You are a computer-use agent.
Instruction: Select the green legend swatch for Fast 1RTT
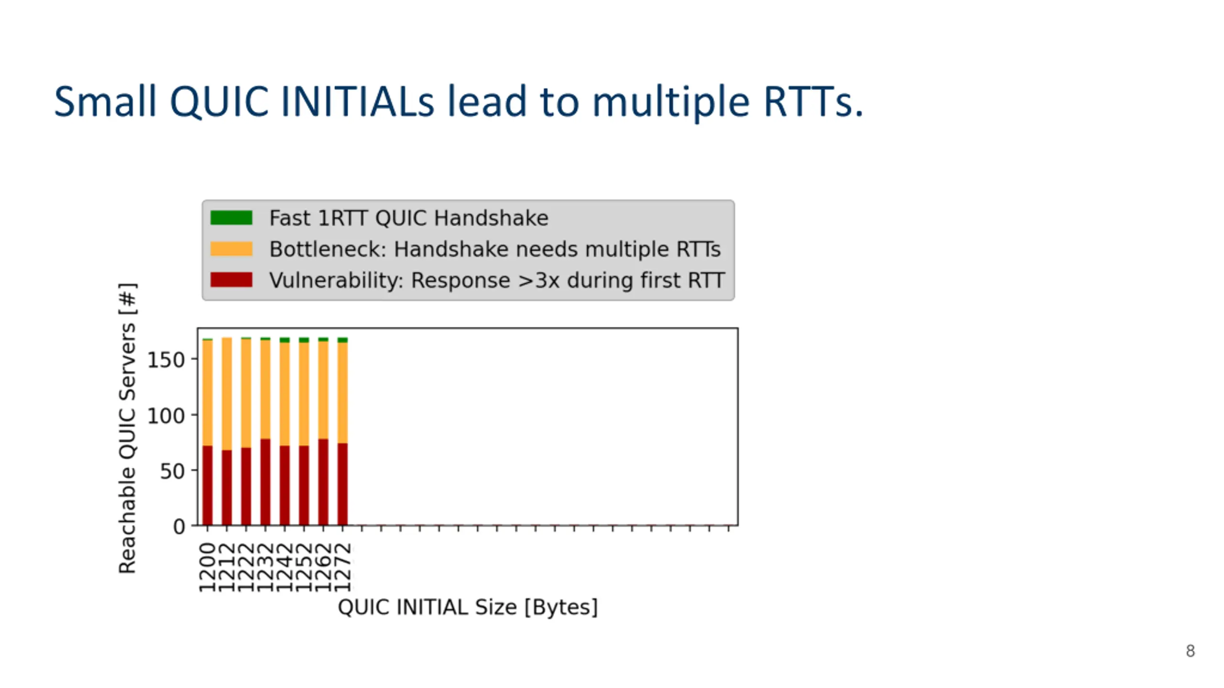231,218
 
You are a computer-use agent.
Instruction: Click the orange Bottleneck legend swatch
231,249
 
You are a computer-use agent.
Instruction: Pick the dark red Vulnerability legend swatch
231,280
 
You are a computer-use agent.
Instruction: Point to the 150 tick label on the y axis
165,360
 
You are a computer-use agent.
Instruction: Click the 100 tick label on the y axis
165,416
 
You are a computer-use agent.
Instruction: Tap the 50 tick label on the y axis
172,472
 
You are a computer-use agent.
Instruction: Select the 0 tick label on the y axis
179,527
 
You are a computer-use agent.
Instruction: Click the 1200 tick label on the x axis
207,567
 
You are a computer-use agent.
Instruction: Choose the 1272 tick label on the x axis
342,567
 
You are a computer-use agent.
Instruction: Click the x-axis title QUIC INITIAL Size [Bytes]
468,607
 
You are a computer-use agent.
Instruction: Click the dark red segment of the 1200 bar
207,485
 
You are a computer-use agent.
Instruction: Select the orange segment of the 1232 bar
265,389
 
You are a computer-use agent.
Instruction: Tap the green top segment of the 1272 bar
342,340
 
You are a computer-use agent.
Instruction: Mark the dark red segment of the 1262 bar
323,482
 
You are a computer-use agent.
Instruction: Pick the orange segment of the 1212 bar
227,394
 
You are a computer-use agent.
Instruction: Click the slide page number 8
1190,651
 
